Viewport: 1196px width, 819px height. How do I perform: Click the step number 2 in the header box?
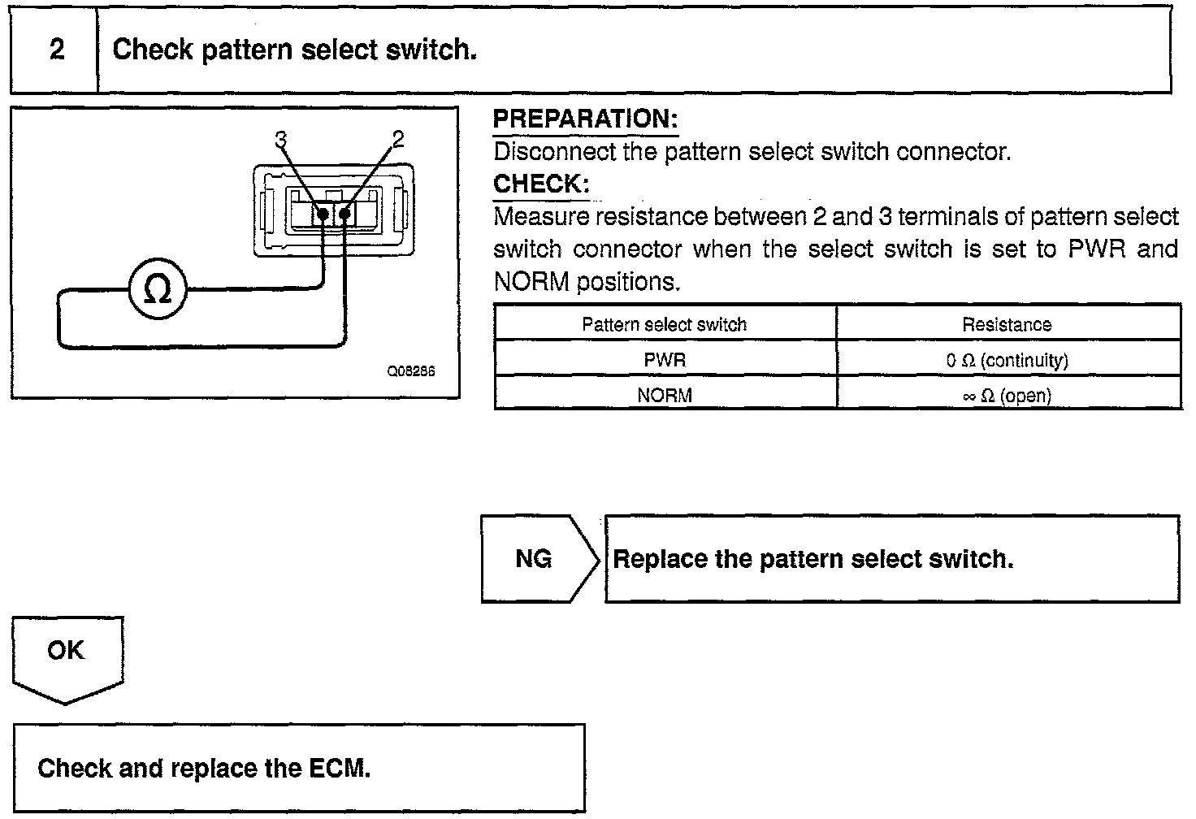coord(56,50)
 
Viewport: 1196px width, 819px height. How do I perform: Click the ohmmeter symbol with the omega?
coord(158,290)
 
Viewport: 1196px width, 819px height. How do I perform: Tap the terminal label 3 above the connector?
coord(281,140)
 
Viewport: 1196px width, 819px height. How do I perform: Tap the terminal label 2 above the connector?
coord(397,140)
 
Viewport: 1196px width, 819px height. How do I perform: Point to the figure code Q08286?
coord(411,370)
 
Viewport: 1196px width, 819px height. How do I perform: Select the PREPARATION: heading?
coord(585,119)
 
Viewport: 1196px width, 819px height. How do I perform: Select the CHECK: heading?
coord(541,184)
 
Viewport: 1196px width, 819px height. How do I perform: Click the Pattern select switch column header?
coord(664,325)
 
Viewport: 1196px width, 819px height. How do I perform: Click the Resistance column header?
coord(1007,325)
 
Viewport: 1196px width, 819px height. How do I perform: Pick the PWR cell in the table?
coord(665,360)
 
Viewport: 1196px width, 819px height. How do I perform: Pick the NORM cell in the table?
coord(665,396)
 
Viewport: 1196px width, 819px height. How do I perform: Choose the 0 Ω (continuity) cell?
coord(1007,360)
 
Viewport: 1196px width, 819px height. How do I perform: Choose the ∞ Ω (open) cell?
coord(1007,396)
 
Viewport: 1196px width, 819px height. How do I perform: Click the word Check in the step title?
coord(152,50)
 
